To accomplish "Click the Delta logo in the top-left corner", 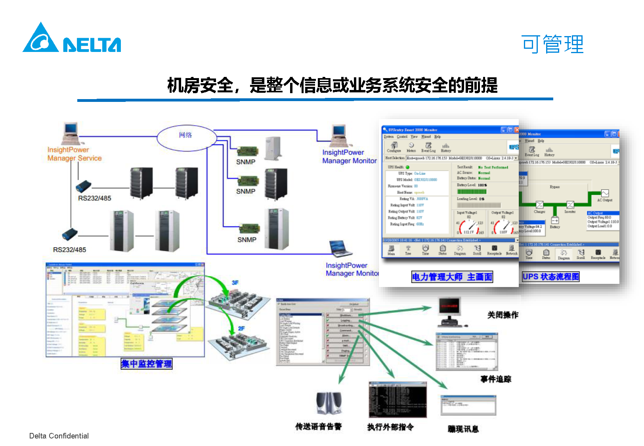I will tap(72, 38).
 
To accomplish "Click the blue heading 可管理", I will tap(552, 44).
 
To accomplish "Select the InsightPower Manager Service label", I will tap(75, 154).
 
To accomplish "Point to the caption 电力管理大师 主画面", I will tap(452, 277).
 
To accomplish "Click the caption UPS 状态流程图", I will tap(550, 276).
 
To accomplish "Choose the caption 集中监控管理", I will tap(147, 364).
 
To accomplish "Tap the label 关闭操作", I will tap(503, 315).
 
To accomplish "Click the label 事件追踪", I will tap(496, 379).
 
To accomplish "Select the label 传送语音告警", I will tap(318, 426).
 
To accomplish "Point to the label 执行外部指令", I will tap(390, 427).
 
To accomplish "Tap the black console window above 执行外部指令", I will tap(397, 399).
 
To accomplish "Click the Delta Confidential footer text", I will tap(59, 436).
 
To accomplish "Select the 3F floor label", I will tap(235, 283).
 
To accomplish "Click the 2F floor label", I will tap(241, 328).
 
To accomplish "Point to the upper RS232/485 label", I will tap(94, 198).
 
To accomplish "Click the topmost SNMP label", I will tap(246, 162).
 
